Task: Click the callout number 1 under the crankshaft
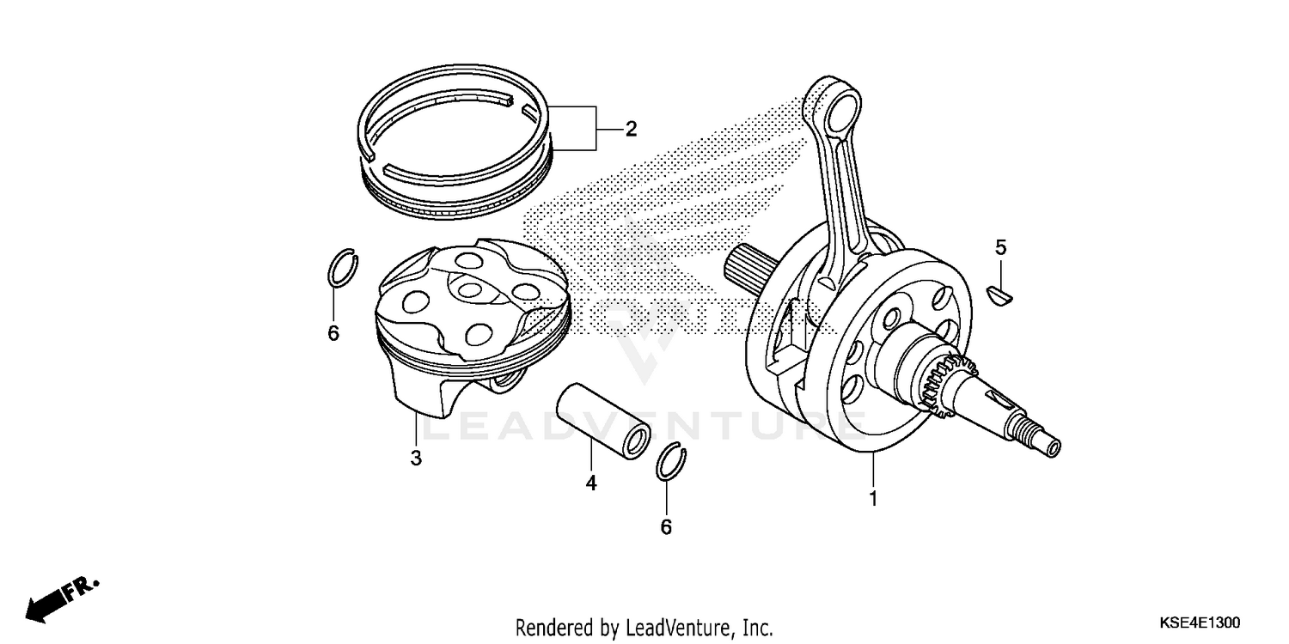tap(873, 498)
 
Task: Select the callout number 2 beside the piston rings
tap(631, 130)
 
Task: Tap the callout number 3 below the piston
tap(416, 459)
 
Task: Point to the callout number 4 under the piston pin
tap(591, 483)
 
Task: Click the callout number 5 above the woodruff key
tap(1000, 248)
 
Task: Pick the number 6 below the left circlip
tap(333, 333)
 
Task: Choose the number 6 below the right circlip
tap(666, 527)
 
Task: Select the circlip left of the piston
tap(343, 268)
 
